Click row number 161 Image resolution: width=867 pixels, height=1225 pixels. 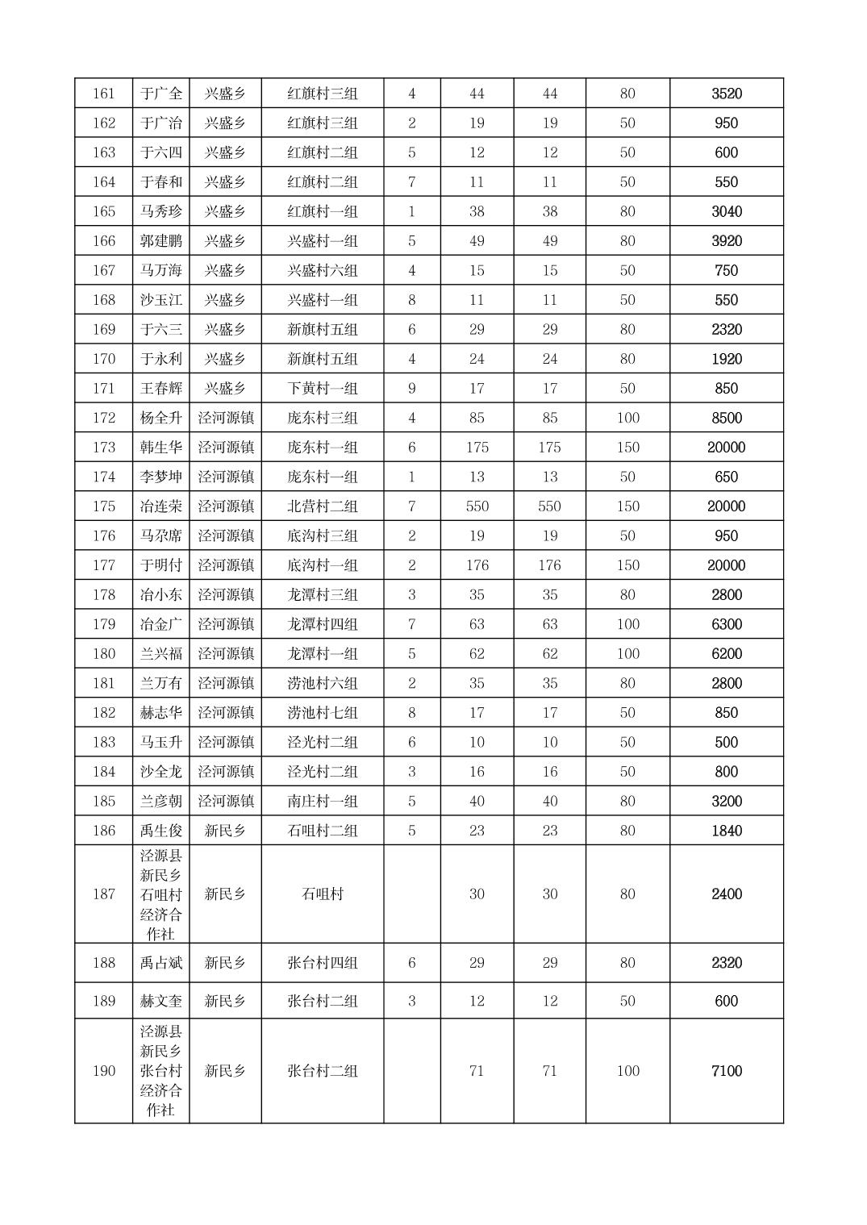pyautogui.click(x=104, y=94)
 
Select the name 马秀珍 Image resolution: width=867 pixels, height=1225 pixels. pyautogui.click(x=161, y=211)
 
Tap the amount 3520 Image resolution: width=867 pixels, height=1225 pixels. pyautogui.click(x=726, y=94)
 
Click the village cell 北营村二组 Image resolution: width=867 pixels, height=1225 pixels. pyautogui.click(x=322, y=506)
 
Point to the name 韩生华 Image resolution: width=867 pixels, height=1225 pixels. pyautogui.click(x=161, y=448)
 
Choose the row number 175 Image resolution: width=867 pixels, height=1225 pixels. pyautogui.click(x=104, y=506)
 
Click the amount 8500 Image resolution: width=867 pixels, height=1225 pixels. pyautogui.click(x=726, y=418)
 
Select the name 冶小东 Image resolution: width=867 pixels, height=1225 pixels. pyautogui.click(x=161, y=595)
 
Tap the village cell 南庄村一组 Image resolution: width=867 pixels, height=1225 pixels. pyautogui.click(x=322, y=801)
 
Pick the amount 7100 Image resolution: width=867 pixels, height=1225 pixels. pyautogui.click(x=726, y=1071)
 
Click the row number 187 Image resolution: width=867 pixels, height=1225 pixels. pyautogui.click(x=104, y=894)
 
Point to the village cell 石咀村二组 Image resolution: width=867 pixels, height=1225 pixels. pyautogui.click(x=322, y=831)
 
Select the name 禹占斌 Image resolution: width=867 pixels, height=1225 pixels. pyautogui.click(x=161, y=963)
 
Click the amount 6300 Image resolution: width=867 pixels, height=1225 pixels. pyautogui.click(x=726, y=624)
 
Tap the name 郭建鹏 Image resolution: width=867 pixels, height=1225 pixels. pyautogui.click(x=161, y=241)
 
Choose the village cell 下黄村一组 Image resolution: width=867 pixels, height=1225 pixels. pyautogui.click(x=322, y=389)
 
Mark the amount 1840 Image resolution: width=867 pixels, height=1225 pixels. pyautogui.click(x=726, y=831)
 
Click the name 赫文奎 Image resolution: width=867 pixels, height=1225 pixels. pyautogui.click(x=161, y=1001)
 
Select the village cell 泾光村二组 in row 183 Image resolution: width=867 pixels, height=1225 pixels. pyautogui.click(x=322, y=742)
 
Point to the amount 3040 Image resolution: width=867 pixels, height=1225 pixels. pyautogui.click(x=726, y=211)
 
